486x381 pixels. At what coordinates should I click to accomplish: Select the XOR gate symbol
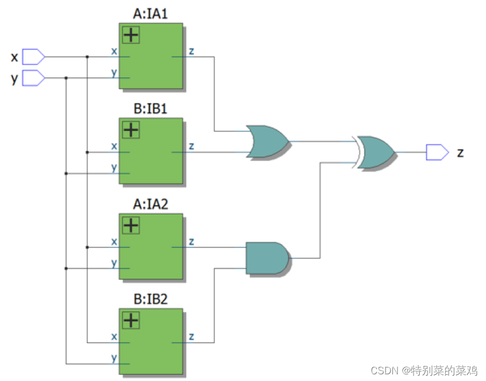376,152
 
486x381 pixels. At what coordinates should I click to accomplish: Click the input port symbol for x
33,57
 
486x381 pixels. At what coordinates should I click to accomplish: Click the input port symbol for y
33,78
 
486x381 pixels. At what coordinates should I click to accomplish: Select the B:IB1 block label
150,109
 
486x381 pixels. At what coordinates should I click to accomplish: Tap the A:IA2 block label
150,204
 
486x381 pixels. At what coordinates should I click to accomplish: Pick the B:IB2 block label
150,300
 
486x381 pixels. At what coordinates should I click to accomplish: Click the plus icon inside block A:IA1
130,36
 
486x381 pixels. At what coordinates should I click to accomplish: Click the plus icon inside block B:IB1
130,130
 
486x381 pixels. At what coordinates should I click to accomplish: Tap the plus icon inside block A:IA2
130,226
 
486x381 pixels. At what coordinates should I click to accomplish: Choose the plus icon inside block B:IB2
130,320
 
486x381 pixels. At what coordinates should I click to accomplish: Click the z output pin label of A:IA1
191,51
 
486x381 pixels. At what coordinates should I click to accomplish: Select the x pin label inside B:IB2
114,336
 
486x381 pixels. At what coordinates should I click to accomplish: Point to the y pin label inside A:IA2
114,262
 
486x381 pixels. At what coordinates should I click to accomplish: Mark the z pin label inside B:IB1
191,146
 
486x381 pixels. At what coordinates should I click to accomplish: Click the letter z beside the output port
460,152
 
